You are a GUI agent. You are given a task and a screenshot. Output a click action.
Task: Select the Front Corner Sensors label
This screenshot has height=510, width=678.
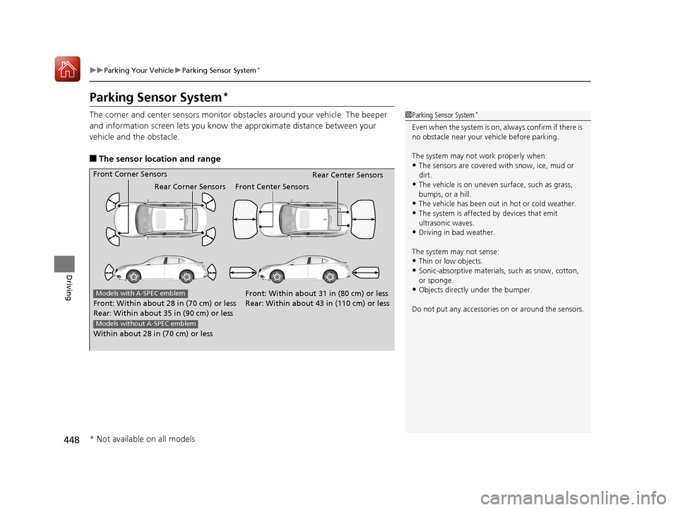point(130,174)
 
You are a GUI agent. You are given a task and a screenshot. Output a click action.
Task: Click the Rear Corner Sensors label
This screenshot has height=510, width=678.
point(189,186)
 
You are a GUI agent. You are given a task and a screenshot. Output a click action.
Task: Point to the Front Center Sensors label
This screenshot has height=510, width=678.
point(272,186)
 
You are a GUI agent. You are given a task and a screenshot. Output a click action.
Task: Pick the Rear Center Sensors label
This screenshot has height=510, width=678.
point(347,174)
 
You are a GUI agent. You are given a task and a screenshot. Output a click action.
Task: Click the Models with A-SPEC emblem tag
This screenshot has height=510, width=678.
point(140,293)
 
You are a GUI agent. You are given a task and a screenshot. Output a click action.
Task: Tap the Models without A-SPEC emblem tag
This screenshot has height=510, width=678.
point(145,324)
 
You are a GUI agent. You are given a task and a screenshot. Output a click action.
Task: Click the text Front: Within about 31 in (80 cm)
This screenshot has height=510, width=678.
point(316,293)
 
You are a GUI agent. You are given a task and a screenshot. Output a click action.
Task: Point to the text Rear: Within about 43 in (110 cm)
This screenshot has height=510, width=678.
point(317,303)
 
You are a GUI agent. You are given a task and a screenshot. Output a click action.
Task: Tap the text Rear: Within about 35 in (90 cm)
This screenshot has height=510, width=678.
point(163,313)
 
